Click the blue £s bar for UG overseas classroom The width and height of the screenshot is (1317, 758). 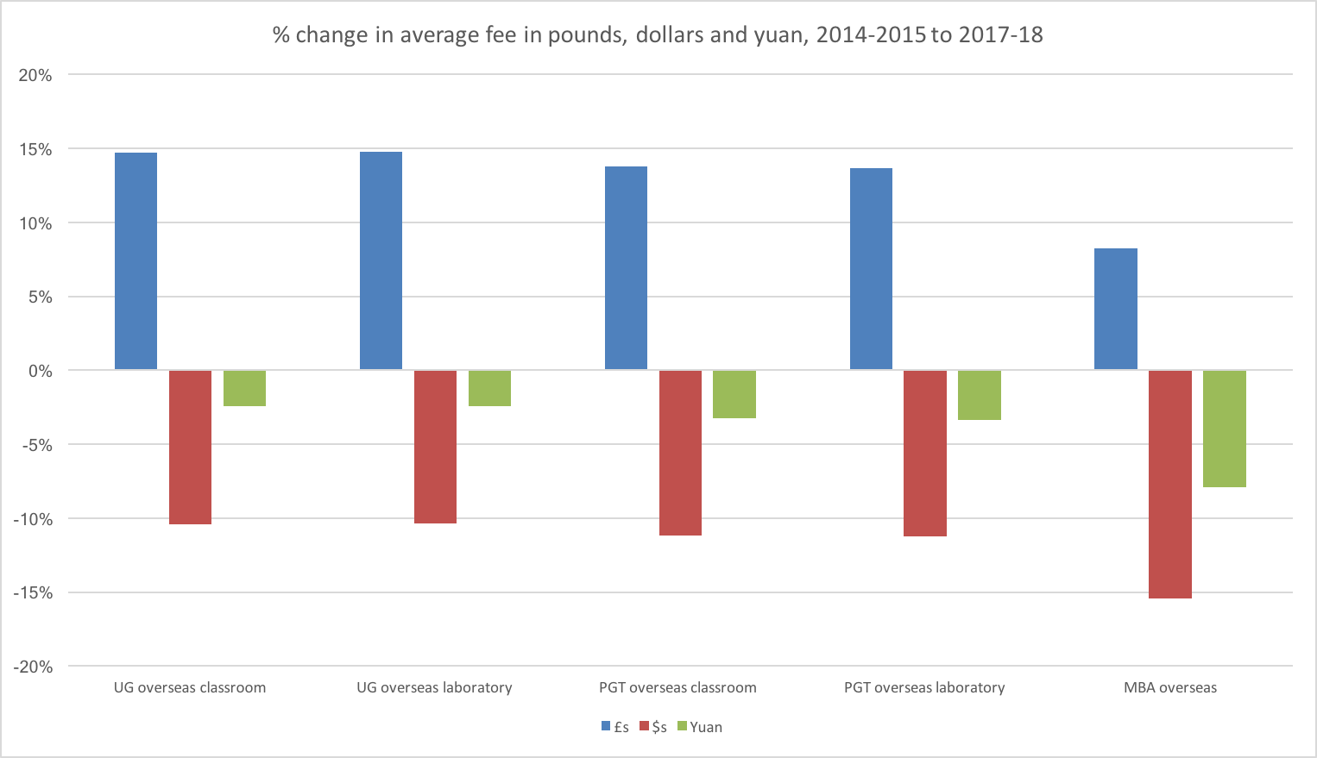(135, 261)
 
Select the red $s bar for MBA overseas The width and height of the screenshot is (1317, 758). (1170, 484)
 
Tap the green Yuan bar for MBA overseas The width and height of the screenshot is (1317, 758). (1225, 429)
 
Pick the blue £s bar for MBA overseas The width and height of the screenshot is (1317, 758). (1116, 309)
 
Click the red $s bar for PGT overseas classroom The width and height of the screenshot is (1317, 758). (680, 453)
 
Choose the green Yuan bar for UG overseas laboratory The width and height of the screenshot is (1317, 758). (489, 388)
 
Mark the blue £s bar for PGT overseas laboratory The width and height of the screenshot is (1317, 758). (871, 269)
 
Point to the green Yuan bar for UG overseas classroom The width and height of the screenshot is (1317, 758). (244, 388)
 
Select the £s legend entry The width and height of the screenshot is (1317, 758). (615, 727)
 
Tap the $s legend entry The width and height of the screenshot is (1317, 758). (653, 727)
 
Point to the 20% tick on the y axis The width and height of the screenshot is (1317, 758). (35, 76)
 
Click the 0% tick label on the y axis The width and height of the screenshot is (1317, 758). (40, 372)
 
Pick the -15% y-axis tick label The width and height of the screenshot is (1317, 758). (33, 593)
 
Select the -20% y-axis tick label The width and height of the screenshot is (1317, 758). (33, 667)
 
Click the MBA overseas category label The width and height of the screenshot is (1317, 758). (1169, 688)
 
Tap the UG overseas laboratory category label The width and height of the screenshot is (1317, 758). (434, 688)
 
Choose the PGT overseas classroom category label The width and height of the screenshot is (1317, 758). (677, 688)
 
